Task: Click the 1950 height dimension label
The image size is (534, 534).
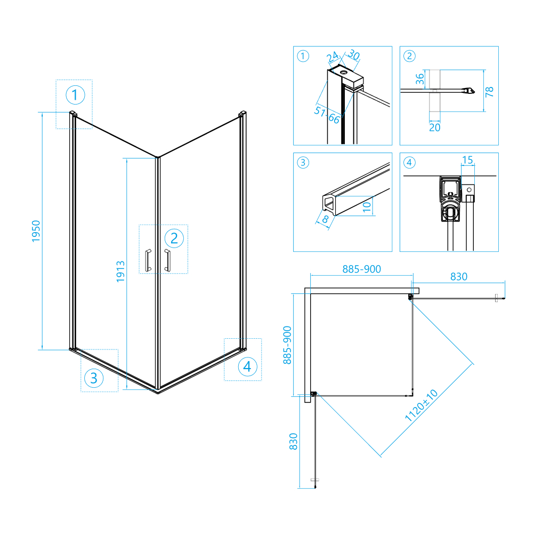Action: click(36, 231)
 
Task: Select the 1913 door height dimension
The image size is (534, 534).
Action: click(120, 272)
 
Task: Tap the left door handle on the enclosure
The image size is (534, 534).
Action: click(148, 260)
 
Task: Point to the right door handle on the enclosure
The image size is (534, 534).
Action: click(167, 260)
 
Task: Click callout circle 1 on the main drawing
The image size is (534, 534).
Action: click(75, 95)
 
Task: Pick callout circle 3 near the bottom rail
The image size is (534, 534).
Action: click(94, 378)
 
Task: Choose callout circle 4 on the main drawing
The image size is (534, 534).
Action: click(248, 366)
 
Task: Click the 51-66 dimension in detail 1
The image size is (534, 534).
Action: click(327, 115)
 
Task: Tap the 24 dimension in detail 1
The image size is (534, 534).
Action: click(333, 57)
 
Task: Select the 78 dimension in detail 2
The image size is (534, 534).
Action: click(489, 91)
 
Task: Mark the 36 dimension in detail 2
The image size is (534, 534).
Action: click(420, 79)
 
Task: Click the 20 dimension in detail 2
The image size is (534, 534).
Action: click(434, 127)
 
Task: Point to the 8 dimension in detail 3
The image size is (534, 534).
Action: click(325, 219)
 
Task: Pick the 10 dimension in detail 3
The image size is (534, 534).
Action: click(367, 206)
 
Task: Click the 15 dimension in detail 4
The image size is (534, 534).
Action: click(467, 160)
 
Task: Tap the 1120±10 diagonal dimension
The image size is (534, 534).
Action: click(421, 405)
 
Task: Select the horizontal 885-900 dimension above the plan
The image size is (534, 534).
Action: click(362, 269)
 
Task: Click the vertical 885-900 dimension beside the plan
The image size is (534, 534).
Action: click(287, 345)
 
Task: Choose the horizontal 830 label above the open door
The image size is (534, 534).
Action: click(459, 276)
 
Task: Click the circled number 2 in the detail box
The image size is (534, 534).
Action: click(409, 56)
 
